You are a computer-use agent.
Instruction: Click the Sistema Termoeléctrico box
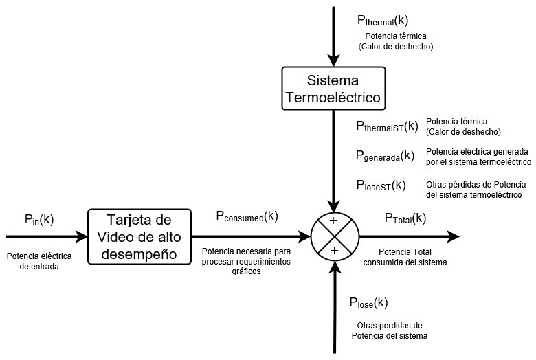point(333,89)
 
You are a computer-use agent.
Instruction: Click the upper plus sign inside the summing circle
point(334,222)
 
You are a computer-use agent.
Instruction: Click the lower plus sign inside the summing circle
point(334,251)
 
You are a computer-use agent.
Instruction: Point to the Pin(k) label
point(38,220)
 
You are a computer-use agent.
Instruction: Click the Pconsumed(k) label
point(247,216)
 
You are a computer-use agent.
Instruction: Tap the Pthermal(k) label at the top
point(383,21)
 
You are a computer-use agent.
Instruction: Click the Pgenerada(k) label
point(385,156)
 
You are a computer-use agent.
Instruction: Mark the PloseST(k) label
point(381,185)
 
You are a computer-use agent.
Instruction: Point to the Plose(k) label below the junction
point(368,303)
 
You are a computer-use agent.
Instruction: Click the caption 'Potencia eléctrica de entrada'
point(33,262)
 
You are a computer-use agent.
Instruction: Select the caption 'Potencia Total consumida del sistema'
point(412,257)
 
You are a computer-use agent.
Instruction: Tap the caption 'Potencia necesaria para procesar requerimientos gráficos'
point(246,262)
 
